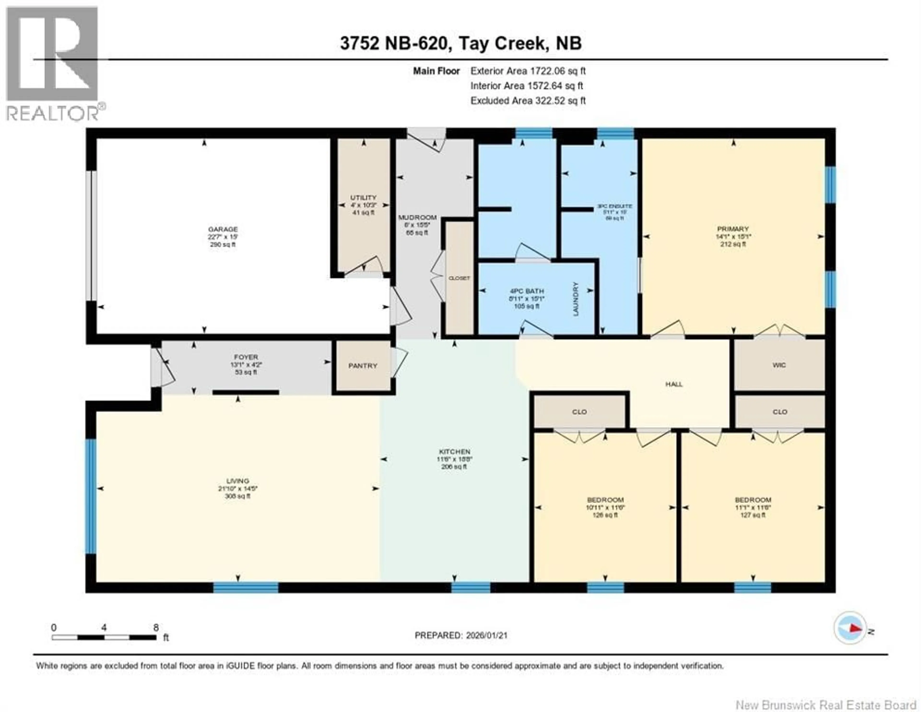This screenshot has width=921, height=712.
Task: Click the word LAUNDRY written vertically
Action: point(576,299)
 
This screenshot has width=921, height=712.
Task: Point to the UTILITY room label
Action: point(363,197)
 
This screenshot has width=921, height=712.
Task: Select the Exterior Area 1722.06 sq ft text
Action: point(528,71)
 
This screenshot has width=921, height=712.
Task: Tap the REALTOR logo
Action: point(53,63)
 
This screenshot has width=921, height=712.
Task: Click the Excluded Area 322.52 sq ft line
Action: point(528,101)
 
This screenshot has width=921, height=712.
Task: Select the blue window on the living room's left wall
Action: point(91,496)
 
